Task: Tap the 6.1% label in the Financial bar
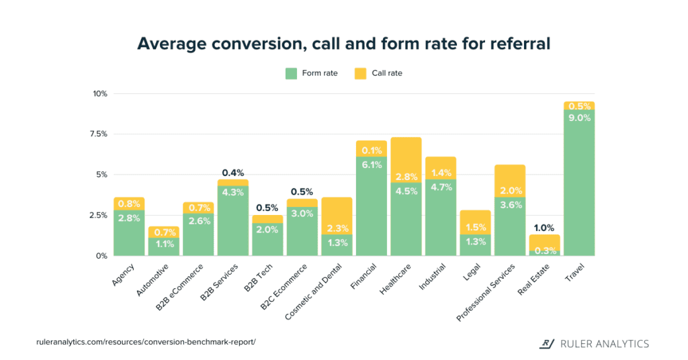[372, 165]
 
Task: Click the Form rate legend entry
[312, 73]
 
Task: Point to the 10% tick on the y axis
[100, 93]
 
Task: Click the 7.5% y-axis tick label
[99, 134]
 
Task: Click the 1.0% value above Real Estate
[544, 228]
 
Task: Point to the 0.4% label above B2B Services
[233, 173]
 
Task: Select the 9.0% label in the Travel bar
[579, 118]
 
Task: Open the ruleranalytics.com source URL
[146, 342]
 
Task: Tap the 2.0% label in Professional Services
[510, 190]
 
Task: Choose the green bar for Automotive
[164, 247]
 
